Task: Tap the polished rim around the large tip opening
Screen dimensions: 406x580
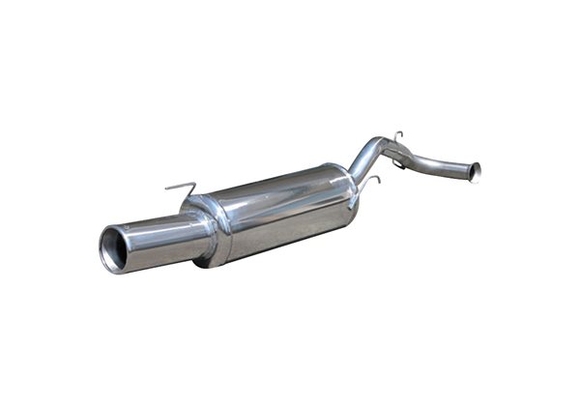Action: [104, 252]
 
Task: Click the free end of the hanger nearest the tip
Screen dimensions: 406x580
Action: [166, 189]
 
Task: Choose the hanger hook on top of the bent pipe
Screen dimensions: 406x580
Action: [397, 134]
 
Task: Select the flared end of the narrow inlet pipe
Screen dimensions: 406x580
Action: [473, 172]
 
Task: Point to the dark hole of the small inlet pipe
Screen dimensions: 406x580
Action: [475, 173]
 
